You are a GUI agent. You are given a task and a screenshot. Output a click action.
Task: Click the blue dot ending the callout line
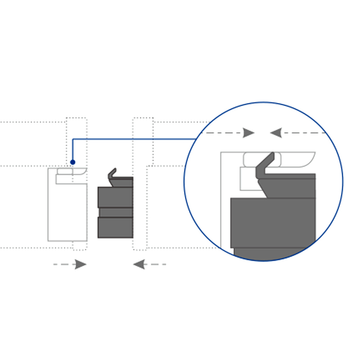(x=72, y=162)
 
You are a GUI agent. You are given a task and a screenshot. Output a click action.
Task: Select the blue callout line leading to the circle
(x=135, y=139)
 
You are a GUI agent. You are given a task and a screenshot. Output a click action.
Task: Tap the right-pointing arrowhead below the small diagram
(x=80, y=264)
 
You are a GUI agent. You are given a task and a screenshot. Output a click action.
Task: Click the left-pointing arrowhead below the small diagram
(x=139, y=264)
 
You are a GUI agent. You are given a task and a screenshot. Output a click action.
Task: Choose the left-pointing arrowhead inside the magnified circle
(x=275, y=133)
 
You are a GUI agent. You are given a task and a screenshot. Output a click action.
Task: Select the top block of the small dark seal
(x=115, y=197)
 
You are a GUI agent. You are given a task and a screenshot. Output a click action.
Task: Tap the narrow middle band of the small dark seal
(x=115, y=212)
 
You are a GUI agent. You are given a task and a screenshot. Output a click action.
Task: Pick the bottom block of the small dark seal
(x=115, y=227)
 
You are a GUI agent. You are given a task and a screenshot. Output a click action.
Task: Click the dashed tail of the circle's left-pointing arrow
(x=306, y=133)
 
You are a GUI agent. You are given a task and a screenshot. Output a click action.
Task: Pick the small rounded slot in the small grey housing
(x=64, y=171)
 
